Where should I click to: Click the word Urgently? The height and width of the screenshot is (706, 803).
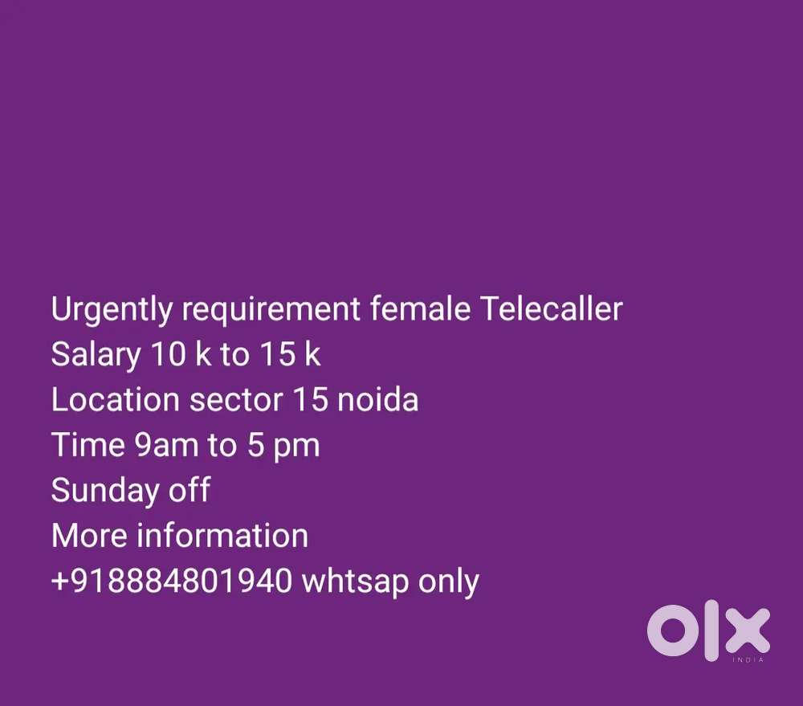tap(112, 310)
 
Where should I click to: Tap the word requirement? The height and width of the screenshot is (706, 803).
tap(271, 310)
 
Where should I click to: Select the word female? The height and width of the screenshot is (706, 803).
tap(420, 308)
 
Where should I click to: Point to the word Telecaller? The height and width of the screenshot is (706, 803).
tap(552, 308)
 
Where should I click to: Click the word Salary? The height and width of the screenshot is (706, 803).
tap(96, 355)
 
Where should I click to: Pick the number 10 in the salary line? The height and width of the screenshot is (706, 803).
tap(168, 354)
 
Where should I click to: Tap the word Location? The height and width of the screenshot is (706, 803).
tap(115, 399)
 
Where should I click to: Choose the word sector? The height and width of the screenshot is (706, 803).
tap(236, 400)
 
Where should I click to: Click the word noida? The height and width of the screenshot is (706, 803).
tap(378, 399)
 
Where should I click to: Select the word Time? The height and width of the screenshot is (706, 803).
tap(88, 444)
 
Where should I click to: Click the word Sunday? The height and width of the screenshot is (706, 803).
tap(105, 491)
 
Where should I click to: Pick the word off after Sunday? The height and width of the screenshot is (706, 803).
tap(190, 489)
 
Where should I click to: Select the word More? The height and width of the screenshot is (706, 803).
tap(89, 536)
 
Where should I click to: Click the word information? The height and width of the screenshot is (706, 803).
tap(222, 536)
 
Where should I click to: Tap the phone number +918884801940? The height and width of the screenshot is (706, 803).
tap(172, 581)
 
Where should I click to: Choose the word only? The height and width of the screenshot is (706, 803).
tap(449, 582)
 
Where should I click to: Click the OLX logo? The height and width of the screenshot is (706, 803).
tap(709, 631)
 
